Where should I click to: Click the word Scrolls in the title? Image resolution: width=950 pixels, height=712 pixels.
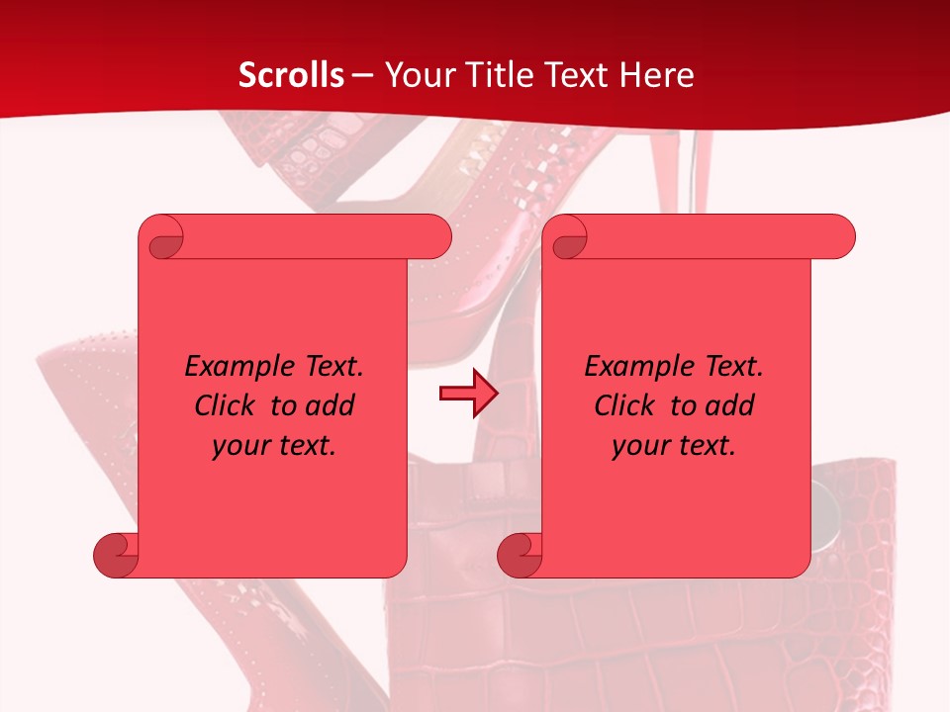[292, 75]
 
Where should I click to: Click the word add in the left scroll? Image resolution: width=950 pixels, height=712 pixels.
[331, 406]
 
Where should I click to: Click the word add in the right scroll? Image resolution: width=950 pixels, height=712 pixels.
[730, 406]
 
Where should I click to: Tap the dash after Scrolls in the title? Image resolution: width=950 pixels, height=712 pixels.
[362, 75]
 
